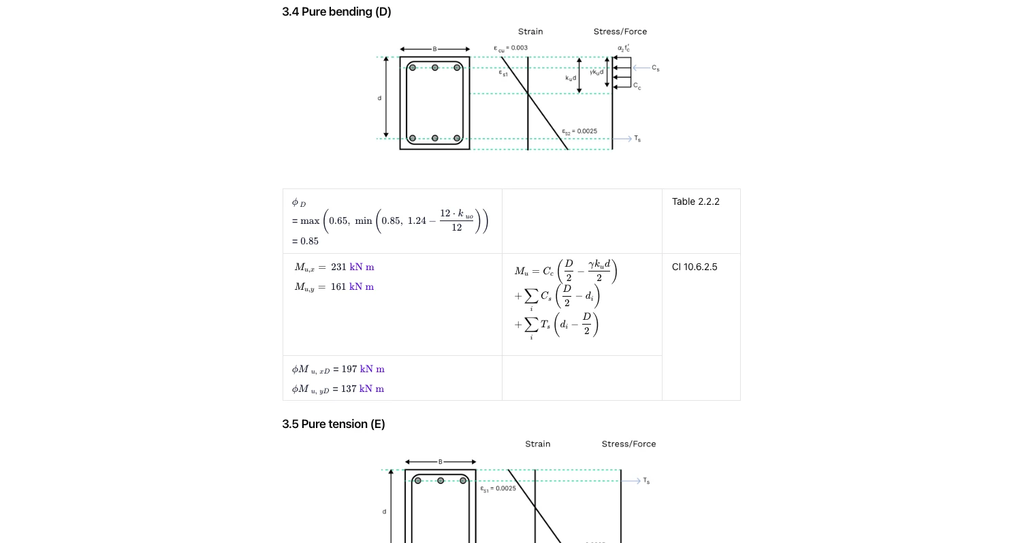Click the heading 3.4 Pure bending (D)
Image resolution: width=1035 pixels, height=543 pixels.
(x=336, y=12)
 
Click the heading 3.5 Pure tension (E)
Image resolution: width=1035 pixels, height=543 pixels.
(x=334, y=424)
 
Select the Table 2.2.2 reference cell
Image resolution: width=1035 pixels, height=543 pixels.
(x=695, y=201)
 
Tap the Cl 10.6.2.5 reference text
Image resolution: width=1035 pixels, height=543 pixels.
(x=694, y=267)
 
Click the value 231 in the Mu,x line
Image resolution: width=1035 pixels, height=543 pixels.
(x=338, y=267)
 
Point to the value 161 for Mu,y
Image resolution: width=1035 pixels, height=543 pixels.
(x=338, y=286)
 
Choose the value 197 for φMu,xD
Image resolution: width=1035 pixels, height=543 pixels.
(x=349, y=369)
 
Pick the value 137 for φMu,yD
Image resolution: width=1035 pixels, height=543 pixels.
(x=349, y=389)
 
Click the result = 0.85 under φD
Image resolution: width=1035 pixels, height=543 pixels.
(x=306, y=241)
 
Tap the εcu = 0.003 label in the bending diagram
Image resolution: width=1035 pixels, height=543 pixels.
(x=511, y=48)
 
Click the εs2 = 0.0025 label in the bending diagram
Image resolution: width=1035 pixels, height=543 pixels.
(x=579, y=131)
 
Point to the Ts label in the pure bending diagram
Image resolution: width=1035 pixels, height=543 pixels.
(x=637, y=139)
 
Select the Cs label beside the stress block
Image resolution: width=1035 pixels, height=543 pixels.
(x=655, y=68)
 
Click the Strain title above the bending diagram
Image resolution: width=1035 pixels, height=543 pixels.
(x=530, y=31)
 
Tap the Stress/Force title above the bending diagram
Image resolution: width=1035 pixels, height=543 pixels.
(x=620, y=31)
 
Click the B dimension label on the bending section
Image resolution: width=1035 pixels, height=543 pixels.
(x=434, y=49)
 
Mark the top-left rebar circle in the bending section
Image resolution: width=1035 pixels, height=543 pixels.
(x=413, y=67)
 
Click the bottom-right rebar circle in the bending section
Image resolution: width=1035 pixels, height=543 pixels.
(x=457, y=138)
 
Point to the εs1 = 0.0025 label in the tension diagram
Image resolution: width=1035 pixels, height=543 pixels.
(x=498, y=489)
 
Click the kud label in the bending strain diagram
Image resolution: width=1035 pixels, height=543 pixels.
(x=571, y=78)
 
